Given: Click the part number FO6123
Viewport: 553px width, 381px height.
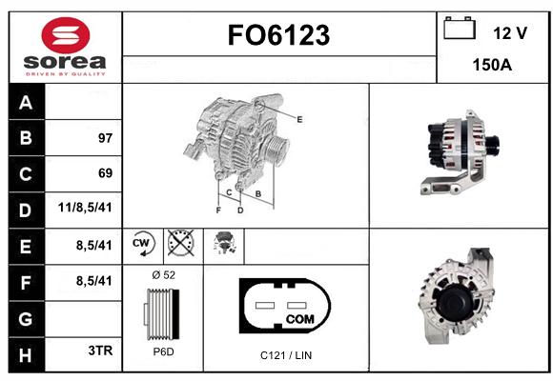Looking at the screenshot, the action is (278, 35).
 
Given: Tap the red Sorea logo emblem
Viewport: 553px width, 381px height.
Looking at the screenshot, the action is (66, 35).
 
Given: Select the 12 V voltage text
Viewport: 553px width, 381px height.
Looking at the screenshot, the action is (510, 33).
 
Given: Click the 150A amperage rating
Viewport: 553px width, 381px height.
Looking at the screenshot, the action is (492, 65).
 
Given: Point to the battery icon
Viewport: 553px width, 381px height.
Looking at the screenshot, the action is (460, 28).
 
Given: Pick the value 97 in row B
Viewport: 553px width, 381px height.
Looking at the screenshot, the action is (106, 138).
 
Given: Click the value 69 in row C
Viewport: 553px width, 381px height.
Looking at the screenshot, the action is (106, 173).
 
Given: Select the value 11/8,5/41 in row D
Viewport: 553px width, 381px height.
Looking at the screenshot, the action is (85, 208).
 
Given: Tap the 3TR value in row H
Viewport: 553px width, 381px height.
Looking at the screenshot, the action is (100, 351).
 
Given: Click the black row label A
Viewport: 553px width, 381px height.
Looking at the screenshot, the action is (27, 102).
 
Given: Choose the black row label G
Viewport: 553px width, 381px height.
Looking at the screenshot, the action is (27, 319).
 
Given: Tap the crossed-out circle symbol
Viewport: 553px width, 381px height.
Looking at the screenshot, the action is (180, 243).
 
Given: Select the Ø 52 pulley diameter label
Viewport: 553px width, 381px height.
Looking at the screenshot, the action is (164, 275).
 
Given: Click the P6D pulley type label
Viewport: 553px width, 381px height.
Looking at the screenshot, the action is (163, 351).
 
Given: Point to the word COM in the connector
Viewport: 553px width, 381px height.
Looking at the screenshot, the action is (299, 319).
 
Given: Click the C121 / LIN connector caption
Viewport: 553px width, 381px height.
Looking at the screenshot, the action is (286, 355).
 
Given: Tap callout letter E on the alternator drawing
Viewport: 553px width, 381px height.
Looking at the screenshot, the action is (299, 119).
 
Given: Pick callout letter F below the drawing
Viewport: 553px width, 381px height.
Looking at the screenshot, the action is (218, 211).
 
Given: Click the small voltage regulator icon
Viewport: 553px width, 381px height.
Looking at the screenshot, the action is (224, 243).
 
